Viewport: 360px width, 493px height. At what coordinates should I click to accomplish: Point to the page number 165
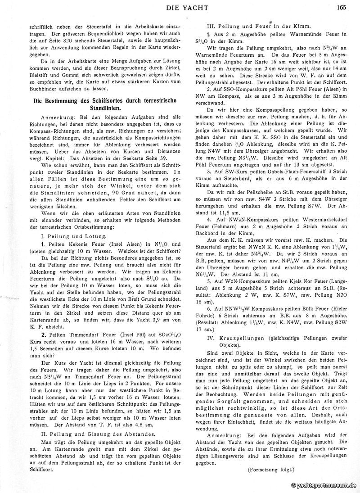point(340,6)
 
